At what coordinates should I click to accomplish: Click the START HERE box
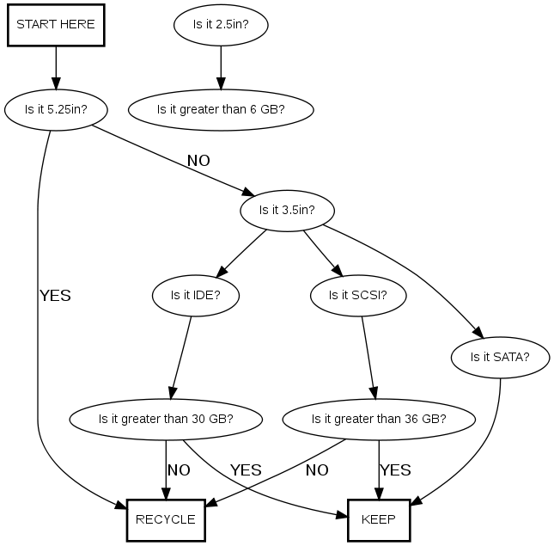click(x=56, y=25)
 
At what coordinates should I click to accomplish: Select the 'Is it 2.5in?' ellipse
click(x=221, y=25)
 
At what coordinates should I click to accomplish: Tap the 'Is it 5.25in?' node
click(x=56, y=109)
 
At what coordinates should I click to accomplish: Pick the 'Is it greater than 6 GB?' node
click(x=221, y=109)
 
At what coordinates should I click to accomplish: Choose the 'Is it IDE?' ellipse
click(x=196, y=295)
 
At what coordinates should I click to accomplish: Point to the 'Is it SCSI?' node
click(x=358, y=295)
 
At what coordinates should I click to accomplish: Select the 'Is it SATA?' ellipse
click(x=500, y=356)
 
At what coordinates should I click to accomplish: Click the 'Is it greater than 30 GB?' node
click(x=166, y=420)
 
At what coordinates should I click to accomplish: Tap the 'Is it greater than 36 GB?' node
click(x=379, y=420)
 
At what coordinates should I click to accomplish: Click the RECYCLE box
click(x=166, y=519)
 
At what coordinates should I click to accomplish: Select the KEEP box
click(x=379, y=519)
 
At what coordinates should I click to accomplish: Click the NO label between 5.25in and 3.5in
click(x=198, y=161)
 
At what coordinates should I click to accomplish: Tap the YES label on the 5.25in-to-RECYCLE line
click(x=55, y=296)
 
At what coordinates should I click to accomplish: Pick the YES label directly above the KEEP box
click(x=395, y=470)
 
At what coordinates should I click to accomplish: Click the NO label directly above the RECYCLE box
click(x=179, y=470)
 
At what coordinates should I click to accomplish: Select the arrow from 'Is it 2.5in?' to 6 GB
click(x=221, y=67)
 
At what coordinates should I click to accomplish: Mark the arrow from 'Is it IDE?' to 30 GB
click(x=182, y=357)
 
